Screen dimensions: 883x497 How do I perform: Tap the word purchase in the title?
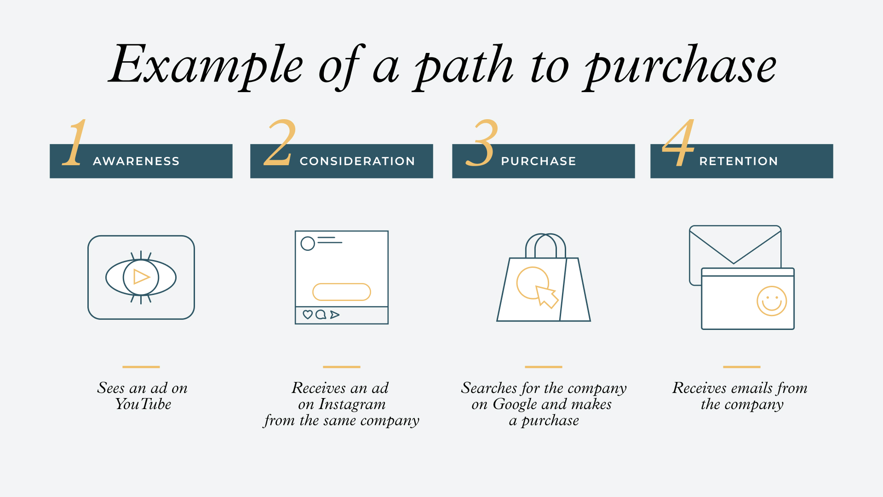pos(680,67)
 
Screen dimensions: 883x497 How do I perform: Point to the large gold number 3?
pos(482,143)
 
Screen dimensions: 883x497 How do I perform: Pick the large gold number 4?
pos(678,143)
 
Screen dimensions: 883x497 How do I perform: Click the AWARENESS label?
pos(136,161)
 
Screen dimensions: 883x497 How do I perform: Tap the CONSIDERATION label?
pos(357,161)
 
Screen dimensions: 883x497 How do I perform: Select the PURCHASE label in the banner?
pos(539,161)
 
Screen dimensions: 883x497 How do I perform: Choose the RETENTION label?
pos(739,161)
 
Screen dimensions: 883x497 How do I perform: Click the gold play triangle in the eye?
pos(141,277)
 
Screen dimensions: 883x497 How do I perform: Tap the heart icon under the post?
pos(308,315)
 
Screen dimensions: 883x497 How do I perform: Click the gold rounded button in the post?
pos(342,292)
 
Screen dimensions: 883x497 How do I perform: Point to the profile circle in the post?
pos(308,243)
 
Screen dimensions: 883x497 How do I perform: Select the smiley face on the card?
pos(772,301)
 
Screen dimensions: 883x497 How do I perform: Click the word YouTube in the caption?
pos(143,404)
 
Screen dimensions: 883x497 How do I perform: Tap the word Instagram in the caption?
pos(352,405)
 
